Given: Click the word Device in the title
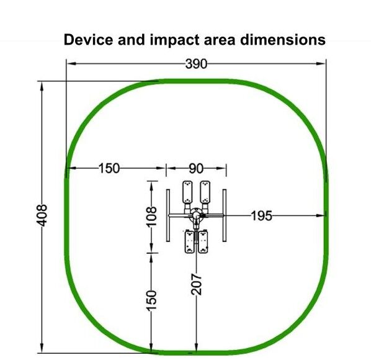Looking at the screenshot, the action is click(89, 40).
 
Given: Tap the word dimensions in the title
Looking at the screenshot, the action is click(283, 40).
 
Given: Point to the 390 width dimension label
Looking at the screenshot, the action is click(196, 64).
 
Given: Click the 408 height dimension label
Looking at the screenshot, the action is click(42, 215).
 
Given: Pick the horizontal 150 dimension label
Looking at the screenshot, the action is click(109, 169).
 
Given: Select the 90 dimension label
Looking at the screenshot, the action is click(196, 169).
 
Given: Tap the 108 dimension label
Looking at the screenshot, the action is click(151, 217).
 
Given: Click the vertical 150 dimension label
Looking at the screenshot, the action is click(151, 300).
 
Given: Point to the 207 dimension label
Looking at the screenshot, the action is click(197, 284).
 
